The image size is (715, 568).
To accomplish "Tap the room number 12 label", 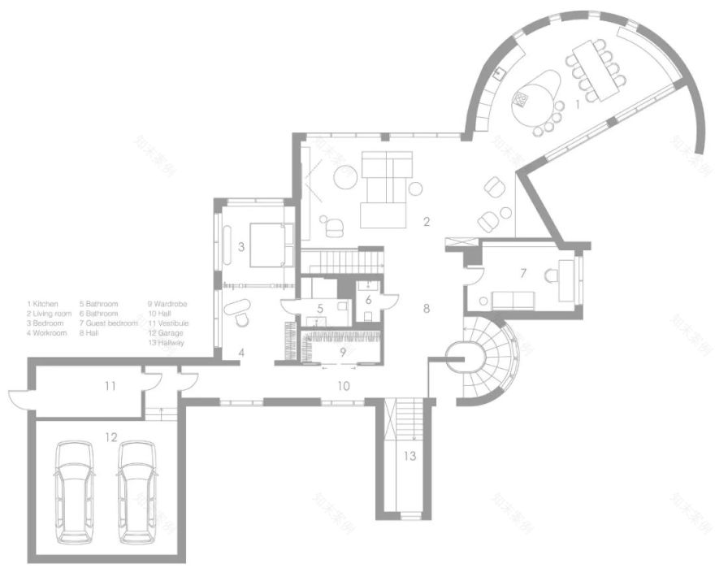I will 110,436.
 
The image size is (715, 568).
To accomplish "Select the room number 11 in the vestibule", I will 109,386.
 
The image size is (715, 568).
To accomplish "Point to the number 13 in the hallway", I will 409,456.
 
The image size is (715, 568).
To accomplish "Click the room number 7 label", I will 523,272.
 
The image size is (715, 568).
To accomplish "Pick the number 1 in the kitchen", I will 577,104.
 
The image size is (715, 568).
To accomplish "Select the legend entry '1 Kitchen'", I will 43,304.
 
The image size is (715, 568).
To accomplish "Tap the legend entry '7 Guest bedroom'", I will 109,323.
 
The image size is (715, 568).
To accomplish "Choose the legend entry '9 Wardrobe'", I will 167,304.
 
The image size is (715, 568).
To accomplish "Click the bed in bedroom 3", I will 268,244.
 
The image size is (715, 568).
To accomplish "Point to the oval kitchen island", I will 536,96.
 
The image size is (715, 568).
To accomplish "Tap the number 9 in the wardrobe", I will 343,352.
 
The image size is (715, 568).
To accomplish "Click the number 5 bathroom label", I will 321,309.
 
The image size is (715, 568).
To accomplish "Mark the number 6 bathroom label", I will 367,300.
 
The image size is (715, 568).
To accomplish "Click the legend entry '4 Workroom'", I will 45,332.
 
